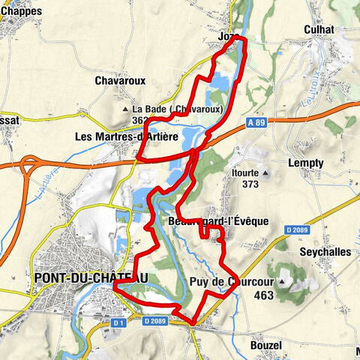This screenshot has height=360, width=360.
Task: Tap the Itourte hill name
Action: pos(243,172)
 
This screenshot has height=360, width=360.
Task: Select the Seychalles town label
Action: pos(324,252)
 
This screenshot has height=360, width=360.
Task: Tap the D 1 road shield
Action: pos(117,322)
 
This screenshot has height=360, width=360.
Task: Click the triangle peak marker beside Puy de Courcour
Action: pos(283,282)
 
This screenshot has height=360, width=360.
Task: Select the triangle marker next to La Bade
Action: pos(126,109)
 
